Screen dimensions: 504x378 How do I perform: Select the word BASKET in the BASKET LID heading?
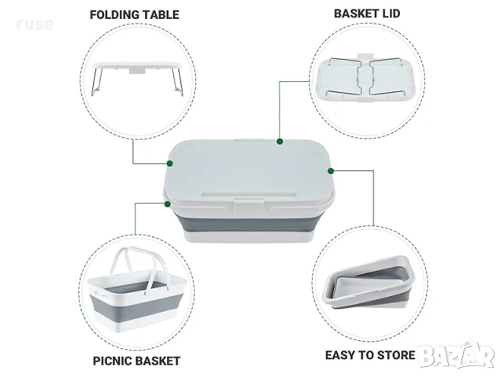pyautogui.click(x=356, y=13)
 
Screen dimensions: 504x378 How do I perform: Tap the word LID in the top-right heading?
pyautogui.click(x=391, y=13)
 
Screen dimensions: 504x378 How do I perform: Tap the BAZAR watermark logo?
pyautogui.click(x=457, y=354)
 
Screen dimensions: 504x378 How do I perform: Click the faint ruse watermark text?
pyautogui.click(x=35, y=24)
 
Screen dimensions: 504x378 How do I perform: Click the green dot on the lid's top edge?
pyautogui.click(x=280, y=141)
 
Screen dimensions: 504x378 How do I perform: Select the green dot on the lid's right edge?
pyautogui.click(x=331, y=171)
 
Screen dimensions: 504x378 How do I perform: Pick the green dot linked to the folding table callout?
pyautogui.click(x=170, y=163)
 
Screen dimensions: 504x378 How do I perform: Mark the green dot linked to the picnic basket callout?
pyautogui.click(x=167, y=204)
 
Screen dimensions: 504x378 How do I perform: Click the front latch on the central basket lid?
pyautogui.click(x=249, y=206)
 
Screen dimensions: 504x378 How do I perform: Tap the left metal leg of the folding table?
pyautogui.click(x=97, y=82)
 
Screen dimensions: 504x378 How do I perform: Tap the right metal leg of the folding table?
pyautogui.click(x=177, y=82)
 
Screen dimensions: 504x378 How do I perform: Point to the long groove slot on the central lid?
pyautogui.click(x=249, y=195)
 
